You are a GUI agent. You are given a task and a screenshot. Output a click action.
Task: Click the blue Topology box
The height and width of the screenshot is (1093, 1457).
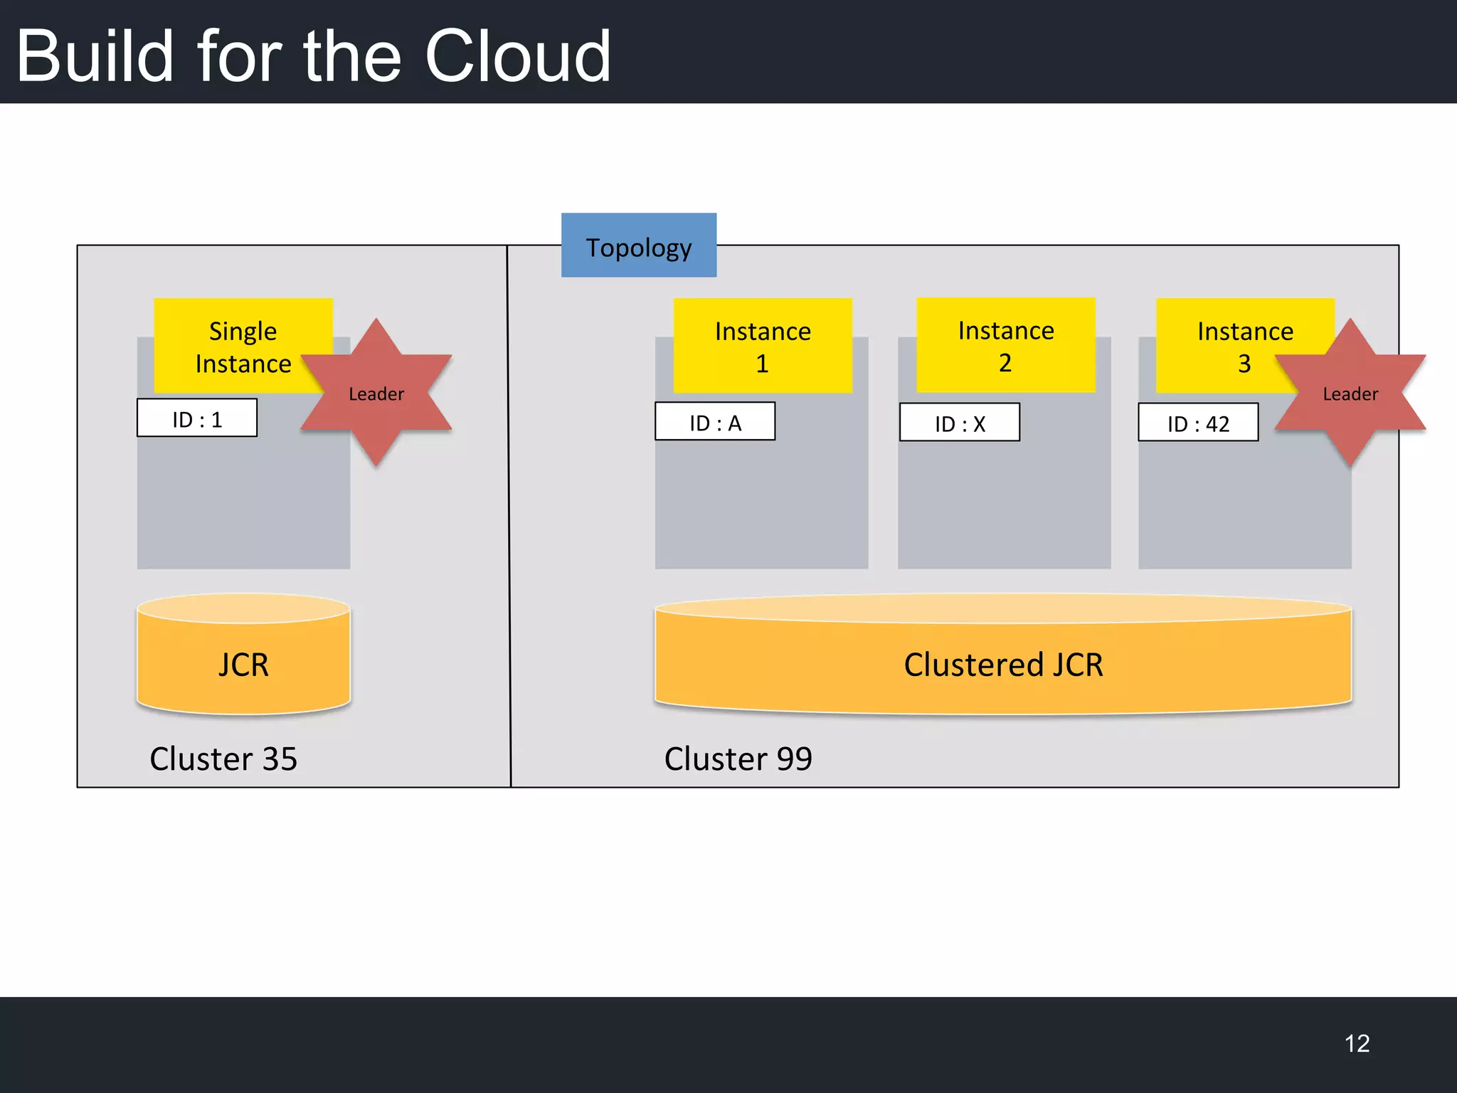(x=638, y=245)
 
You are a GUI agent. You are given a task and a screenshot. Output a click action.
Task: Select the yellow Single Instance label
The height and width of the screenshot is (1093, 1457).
(x=243, y=347)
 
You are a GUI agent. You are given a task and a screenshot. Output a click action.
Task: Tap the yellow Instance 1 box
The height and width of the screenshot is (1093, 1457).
(x=762, y=346)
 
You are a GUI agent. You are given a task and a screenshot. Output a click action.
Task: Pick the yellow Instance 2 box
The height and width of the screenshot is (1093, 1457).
(x=1005, y=345)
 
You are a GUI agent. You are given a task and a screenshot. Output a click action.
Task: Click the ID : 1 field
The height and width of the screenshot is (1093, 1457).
(x=197, y=418)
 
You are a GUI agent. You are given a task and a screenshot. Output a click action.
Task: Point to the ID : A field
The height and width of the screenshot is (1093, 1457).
(x=715, y=422)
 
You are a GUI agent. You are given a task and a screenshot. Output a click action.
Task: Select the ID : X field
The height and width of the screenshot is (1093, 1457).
(x=959, y=423)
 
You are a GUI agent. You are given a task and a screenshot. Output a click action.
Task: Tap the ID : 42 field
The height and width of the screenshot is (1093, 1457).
(x=1198, y=423)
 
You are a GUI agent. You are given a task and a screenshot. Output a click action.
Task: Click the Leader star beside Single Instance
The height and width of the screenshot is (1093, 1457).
(x=376, y=393)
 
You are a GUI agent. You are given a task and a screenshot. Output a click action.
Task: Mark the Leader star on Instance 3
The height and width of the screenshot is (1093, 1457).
(x=1350, y=393)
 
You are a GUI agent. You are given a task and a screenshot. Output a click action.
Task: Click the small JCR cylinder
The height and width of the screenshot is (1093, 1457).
(x=243, y=663)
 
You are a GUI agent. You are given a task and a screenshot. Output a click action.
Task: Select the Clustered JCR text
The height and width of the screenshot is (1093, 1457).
(x=1003, y=665)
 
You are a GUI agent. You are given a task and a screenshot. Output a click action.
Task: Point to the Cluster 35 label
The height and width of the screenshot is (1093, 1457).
(x=223, y=759)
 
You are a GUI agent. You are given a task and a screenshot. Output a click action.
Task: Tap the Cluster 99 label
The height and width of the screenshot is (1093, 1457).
(x=738, y=759)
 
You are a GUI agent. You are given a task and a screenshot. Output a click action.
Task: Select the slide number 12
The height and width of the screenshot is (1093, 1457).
(x=1357, y=1043)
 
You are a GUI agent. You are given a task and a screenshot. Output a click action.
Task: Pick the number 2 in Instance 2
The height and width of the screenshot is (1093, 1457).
(x=1005, y=363)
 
